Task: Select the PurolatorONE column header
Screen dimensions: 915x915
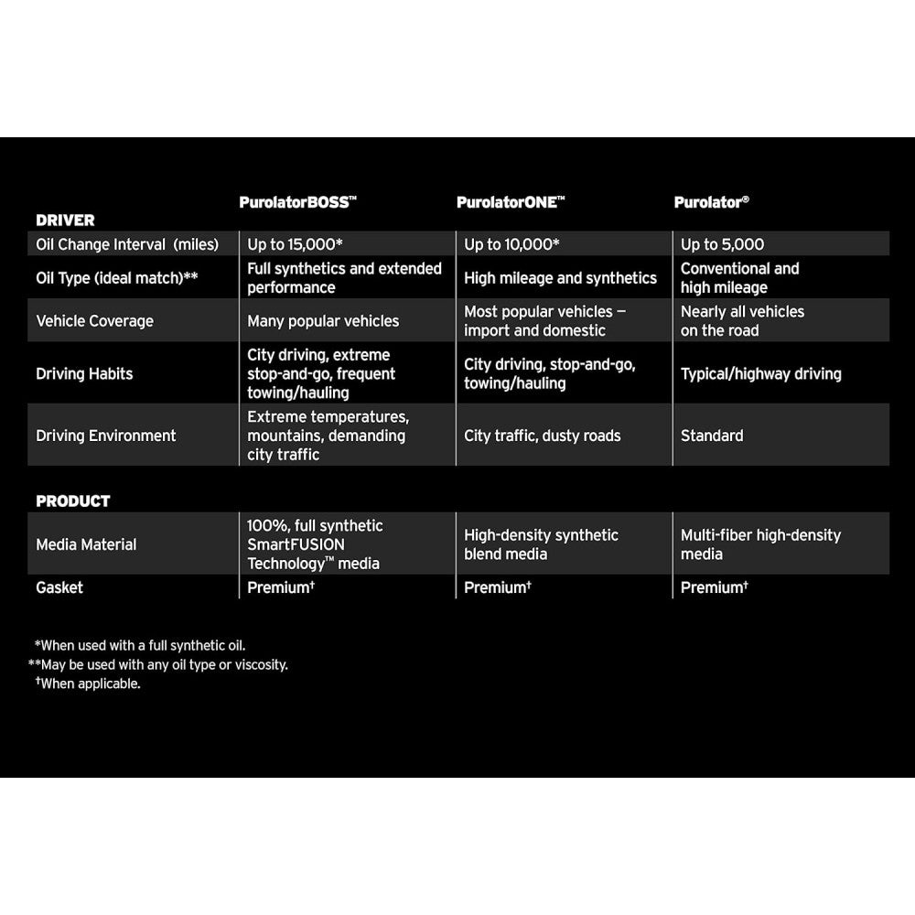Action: click(510, 202)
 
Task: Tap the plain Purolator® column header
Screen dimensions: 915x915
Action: click(712, 202)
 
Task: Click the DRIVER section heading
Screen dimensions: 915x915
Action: click(65, 221)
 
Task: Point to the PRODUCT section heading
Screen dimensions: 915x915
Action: click(72, 501)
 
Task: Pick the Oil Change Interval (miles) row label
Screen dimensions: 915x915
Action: click(127, 244)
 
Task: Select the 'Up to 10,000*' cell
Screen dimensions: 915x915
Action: click(511, 244)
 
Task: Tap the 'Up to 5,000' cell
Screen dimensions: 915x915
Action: click(722, 244)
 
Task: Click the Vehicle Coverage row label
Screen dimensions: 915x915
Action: click(94, 321)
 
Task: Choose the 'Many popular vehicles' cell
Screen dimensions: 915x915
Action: click(323, 321)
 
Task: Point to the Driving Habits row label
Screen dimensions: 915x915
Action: click(84, 373)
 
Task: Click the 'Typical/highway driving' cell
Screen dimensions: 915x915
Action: click(760, 373)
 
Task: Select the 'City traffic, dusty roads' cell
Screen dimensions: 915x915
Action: click(542, 436)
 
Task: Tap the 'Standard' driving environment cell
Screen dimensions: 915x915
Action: click(712, 436)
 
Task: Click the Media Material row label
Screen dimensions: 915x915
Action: click(86, 544)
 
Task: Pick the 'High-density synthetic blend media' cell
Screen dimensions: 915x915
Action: click(541, 544)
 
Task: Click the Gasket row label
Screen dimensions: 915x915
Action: click(59, 587)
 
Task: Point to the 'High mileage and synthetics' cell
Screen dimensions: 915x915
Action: click(560, 278)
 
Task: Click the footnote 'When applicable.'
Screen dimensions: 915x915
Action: click(89, 684)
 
